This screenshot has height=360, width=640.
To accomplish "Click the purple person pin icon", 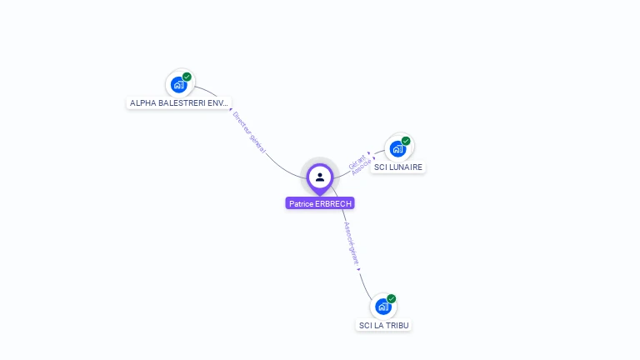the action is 320,177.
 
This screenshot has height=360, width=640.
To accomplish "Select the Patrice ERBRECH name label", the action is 320,203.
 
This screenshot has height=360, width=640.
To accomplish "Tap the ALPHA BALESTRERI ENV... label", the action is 179,103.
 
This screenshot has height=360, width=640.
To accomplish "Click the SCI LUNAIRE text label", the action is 398,167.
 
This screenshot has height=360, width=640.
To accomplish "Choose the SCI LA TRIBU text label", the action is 383,325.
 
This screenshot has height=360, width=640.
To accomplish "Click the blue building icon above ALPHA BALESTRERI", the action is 177,84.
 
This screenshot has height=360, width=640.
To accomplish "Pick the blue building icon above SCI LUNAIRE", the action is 397,148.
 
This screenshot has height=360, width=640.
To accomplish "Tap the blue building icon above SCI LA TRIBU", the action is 382,306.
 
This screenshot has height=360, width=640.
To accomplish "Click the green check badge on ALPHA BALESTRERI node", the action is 187,77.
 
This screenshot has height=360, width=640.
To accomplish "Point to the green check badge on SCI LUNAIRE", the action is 406,141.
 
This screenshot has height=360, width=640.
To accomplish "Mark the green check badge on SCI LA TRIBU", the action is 392,298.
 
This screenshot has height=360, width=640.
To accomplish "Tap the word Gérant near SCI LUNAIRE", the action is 358,159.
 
